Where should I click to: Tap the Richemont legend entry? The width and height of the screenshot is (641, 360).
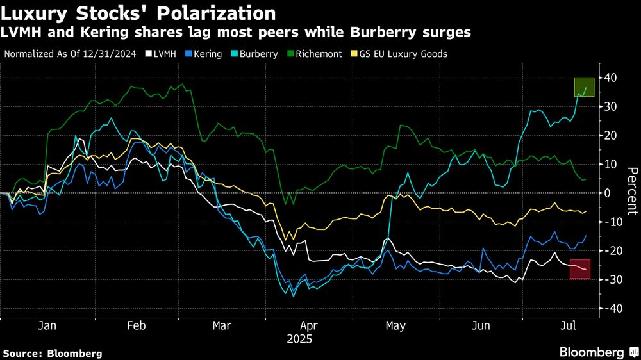point(319,54)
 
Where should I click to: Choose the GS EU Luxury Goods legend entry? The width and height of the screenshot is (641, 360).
point(406,54)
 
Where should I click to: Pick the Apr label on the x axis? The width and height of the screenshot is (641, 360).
point(309,325)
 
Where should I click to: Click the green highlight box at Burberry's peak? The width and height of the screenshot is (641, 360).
point(584,86)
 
